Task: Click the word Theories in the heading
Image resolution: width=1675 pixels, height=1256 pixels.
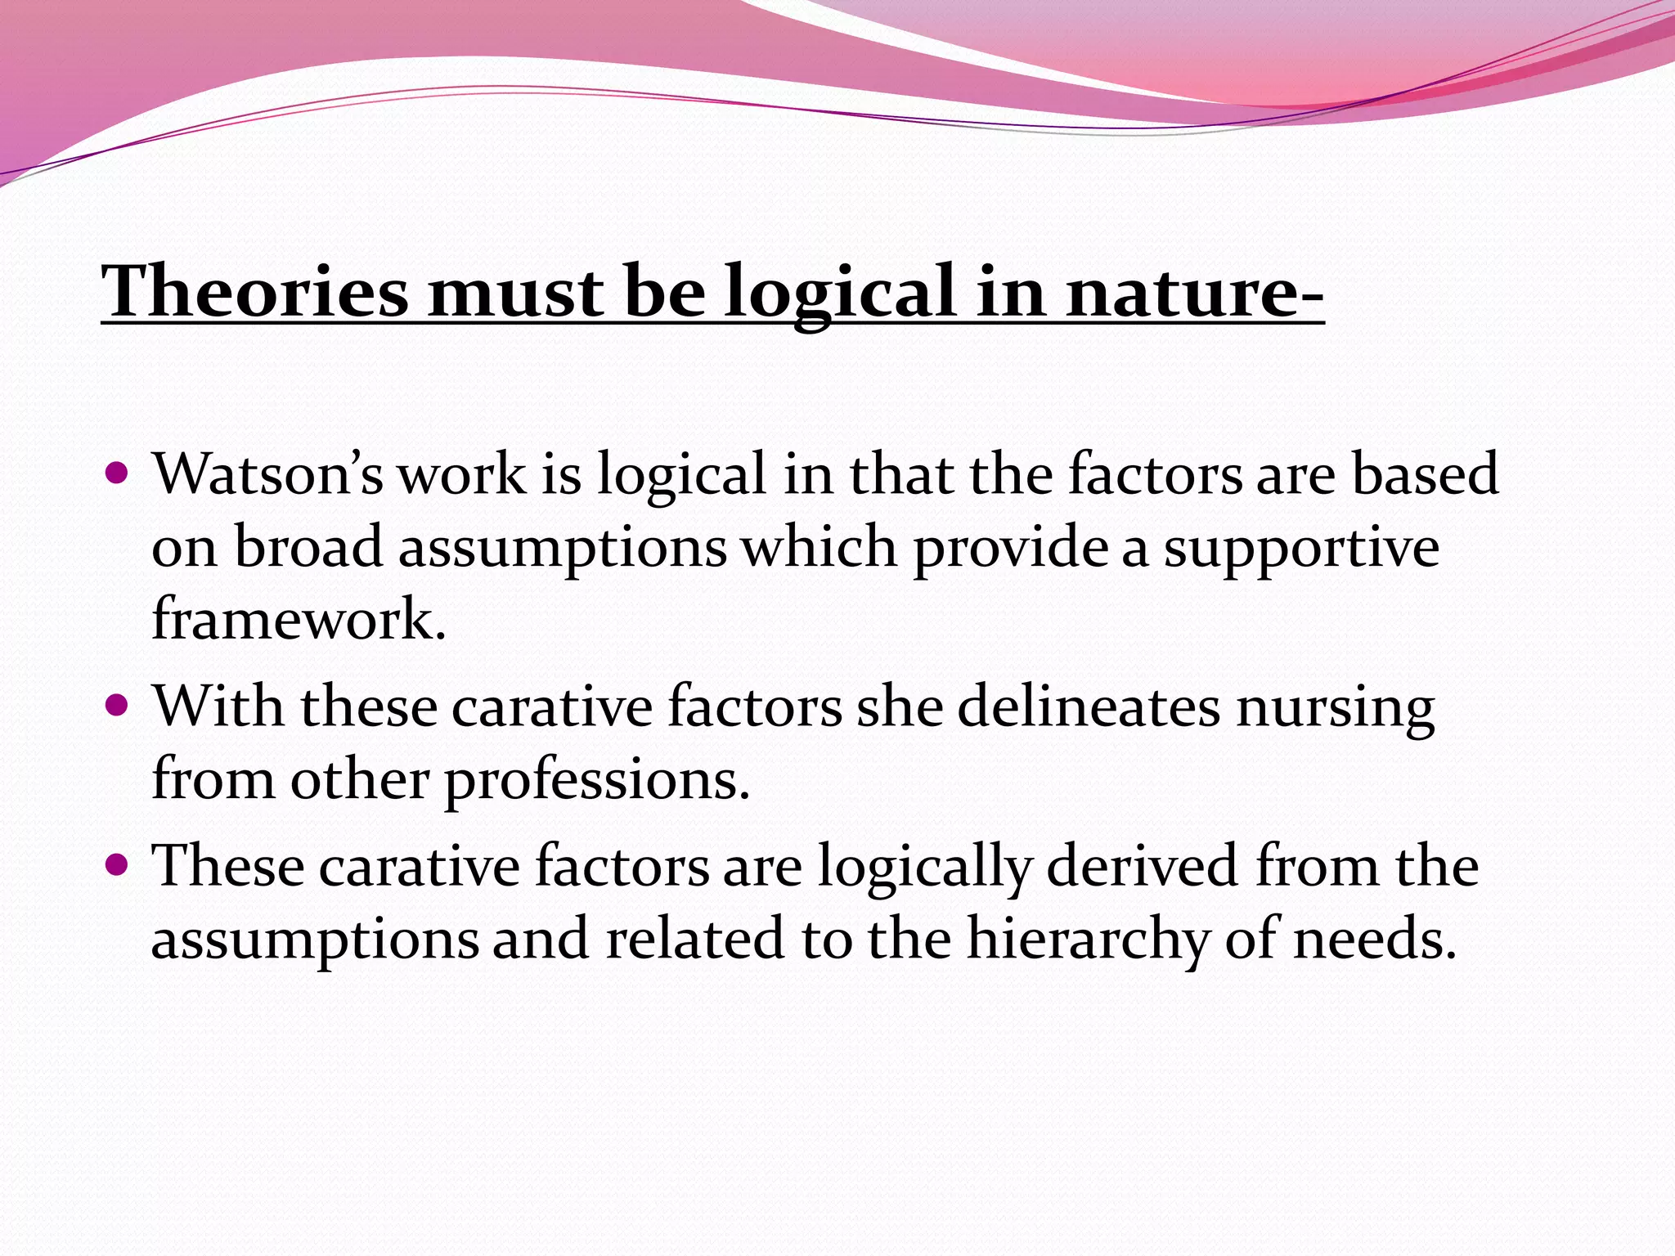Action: [x=254, y=291]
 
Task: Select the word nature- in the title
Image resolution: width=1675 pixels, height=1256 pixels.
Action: [x=1195, y=291]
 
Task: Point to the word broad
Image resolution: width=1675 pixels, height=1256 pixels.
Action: [x=308, y=546]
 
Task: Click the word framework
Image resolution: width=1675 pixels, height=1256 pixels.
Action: [x=299, y=618]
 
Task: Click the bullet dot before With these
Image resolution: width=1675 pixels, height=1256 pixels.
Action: [x=118, y=705]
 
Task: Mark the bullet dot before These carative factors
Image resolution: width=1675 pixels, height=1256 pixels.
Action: [x=118, y=863]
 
